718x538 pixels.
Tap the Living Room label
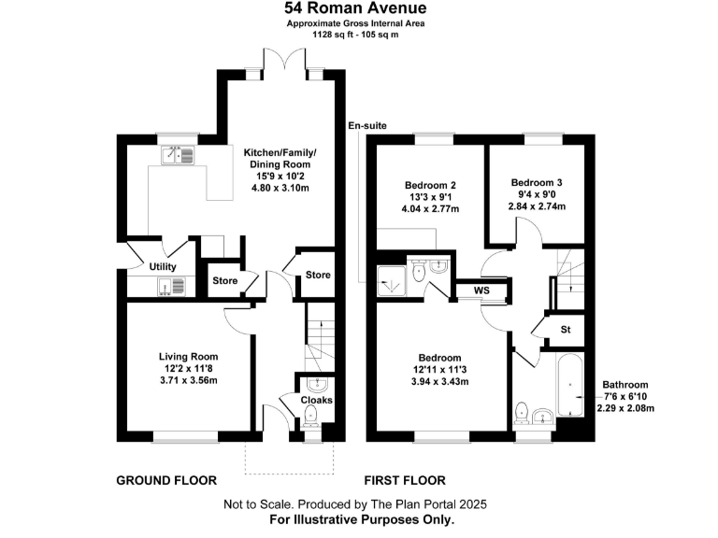[188, 356]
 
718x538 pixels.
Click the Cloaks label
[316, 401]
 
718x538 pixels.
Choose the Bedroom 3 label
[537, 182]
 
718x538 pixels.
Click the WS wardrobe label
[481, 290]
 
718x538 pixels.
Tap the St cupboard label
[566, 330]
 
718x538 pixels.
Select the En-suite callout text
[366, 125]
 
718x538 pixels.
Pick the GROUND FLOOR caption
[166, 481]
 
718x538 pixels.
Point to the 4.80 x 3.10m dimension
[280, 188]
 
